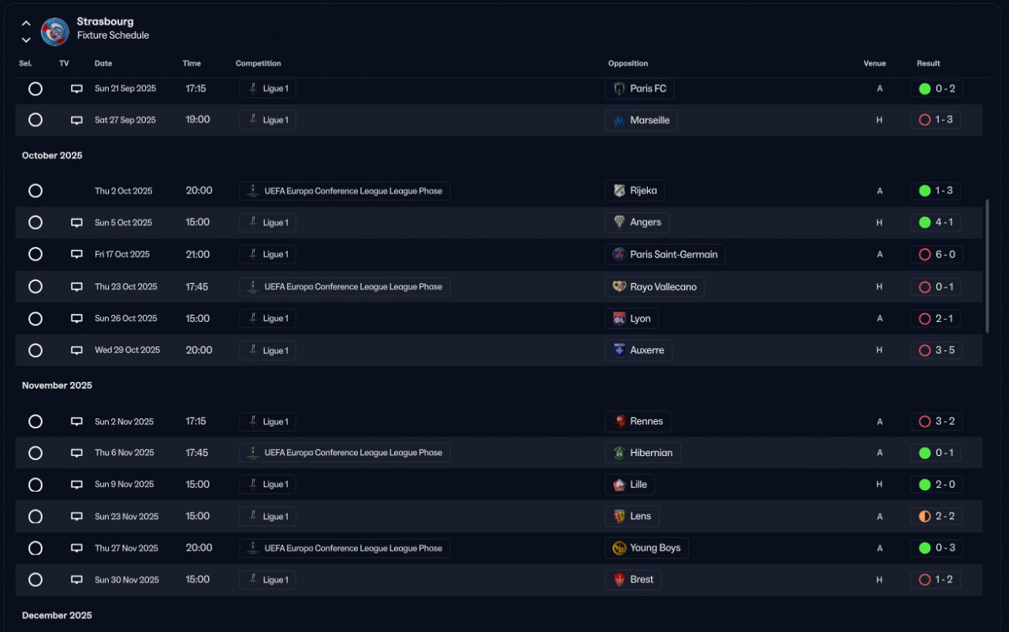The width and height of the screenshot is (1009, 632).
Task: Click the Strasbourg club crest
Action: point(55,32)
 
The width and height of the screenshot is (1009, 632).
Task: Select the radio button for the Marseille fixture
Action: point(35,120)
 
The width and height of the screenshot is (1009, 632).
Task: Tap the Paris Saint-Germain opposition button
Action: point(665,254)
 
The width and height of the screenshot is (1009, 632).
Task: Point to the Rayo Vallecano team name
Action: point(663,286)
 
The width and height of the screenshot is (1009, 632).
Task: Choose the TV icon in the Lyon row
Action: point(76,319)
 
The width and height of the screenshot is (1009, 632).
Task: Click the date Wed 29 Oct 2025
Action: point(127,350)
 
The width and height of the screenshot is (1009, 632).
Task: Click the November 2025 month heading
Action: point(57,386)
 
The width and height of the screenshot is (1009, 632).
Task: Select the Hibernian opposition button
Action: point(642,453)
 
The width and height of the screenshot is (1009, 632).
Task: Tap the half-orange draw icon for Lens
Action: point(925,516)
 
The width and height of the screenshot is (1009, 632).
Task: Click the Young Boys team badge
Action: point(620,548)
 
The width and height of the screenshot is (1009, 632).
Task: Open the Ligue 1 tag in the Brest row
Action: point(268,580)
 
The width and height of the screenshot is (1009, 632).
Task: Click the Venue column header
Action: point(874,63)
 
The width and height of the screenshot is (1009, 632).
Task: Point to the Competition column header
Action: point(258,63)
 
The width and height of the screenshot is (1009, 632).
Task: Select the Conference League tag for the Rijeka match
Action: point(344,191)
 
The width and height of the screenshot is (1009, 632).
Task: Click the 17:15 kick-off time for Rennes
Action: point(195,421)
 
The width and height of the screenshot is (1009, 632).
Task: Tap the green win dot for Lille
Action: point(925,484)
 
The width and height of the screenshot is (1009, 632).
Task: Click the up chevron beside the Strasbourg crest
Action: point(26,23)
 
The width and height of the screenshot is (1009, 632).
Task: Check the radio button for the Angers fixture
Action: point(35,223)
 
